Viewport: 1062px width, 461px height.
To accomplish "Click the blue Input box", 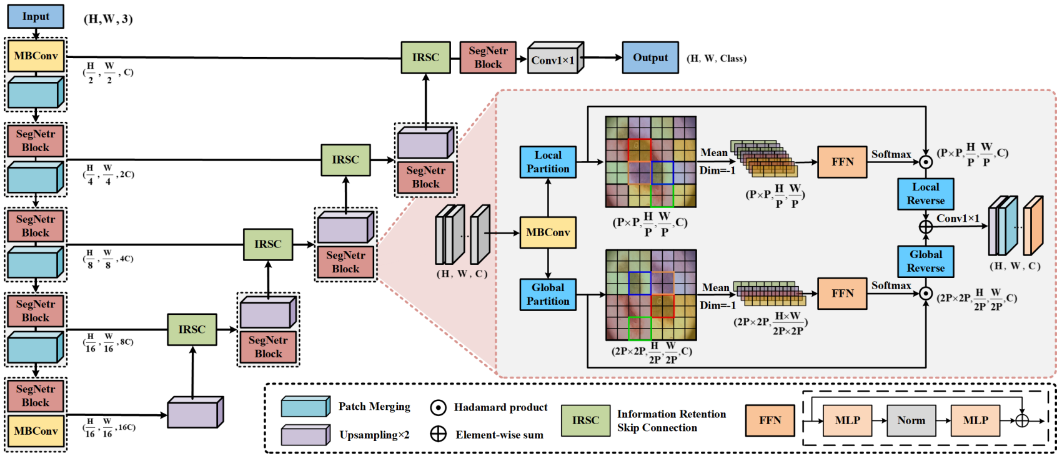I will point(36,16).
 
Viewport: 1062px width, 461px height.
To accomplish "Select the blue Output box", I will point(650,57).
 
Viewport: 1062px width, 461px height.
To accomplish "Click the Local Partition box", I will point(548,162).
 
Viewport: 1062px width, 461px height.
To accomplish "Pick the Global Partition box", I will point(548,294).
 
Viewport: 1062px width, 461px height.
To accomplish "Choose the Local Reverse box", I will point(925,194).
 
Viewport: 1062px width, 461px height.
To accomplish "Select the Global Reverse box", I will point(925,261).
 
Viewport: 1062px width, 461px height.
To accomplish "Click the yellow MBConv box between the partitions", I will point(548,232).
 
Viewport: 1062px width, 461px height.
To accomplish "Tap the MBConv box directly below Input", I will point(36,56).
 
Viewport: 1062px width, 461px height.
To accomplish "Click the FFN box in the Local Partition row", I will point(842,162).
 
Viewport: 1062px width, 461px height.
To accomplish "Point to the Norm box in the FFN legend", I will point(911,420).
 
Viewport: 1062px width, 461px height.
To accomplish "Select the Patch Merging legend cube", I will point(305,407).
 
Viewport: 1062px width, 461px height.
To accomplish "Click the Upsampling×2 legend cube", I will point(305,435).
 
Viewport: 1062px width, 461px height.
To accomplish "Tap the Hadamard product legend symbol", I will point(439,407).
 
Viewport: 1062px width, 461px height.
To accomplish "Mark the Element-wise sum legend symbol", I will point(439,434).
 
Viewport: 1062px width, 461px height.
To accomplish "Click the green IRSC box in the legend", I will point(585,420).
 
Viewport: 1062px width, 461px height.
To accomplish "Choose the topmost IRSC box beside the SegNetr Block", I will point(425,57).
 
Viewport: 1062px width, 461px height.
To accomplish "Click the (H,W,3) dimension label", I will point(108,19).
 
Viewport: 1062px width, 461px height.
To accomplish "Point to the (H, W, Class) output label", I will point(717,58).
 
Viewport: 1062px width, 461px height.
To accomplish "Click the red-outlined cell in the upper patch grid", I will point(639,151).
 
